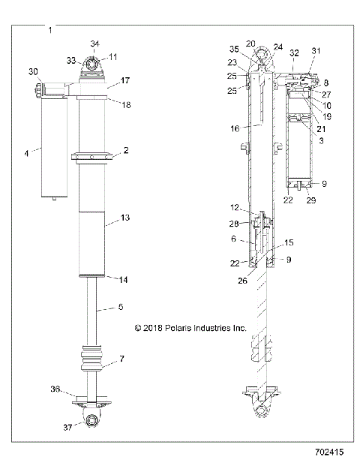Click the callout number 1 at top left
pyautogui.click(x=49, y=30)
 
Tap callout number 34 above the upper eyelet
pyautogui.click(x=94, y=44)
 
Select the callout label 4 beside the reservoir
pyautogui.click(x=27, y=153)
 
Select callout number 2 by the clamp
pyautogui.click(x=125, y=151)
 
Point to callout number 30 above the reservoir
pyautogui.click(x=33, y=71)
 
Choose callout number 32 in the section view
pyautogui.click(x=295, y=54)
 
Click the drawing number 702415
pyautogui.click(x=332, y=453)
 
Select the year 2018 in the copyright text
pyautogui.click(x=154, y=328)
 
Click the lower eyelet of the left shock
pyautogui.click(x=93, y=419)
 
